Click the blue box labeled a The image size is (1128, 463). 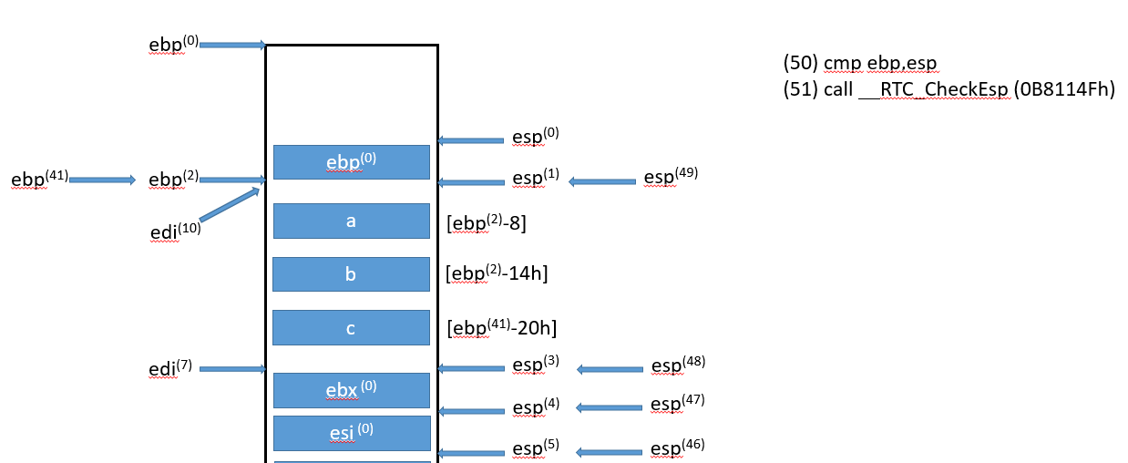(x=351, y=221)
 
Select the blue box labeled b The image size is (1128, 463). (x=351, y=274)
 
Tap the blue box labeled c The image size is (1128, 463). (x=351, y=328)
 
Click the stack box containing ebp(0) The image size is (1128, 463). (x=351, y=161)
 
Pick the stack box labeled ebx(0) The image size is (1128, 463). (x=351, y=390)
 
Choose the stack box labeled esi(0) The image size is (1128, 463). (x=351, y=433)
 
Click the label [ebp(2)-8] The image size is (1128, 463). (x=487, y=221)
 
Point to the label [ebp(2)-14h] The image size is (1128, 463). (x=497, y=273)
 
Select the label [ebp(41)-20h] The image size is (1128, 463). (x=501, y=326)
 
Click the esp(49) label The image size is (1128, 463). (x=672, y=177)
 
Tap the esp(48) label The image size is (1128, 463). (x=678, y=365)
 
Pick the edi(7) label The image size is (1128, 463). (x=170, y=369)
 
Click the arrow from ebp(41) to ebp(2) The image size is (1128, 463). (x=101, y=180)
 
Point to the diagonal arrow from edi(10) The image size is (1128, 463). (x=230, y=204)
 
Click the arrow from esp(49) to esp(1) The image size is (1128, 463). (x=602, y=181)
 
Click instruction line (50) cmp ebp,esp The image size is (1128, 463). (x=860, y=63)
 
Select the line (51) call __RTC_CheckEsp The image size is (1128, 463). (x=949, y=90)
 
